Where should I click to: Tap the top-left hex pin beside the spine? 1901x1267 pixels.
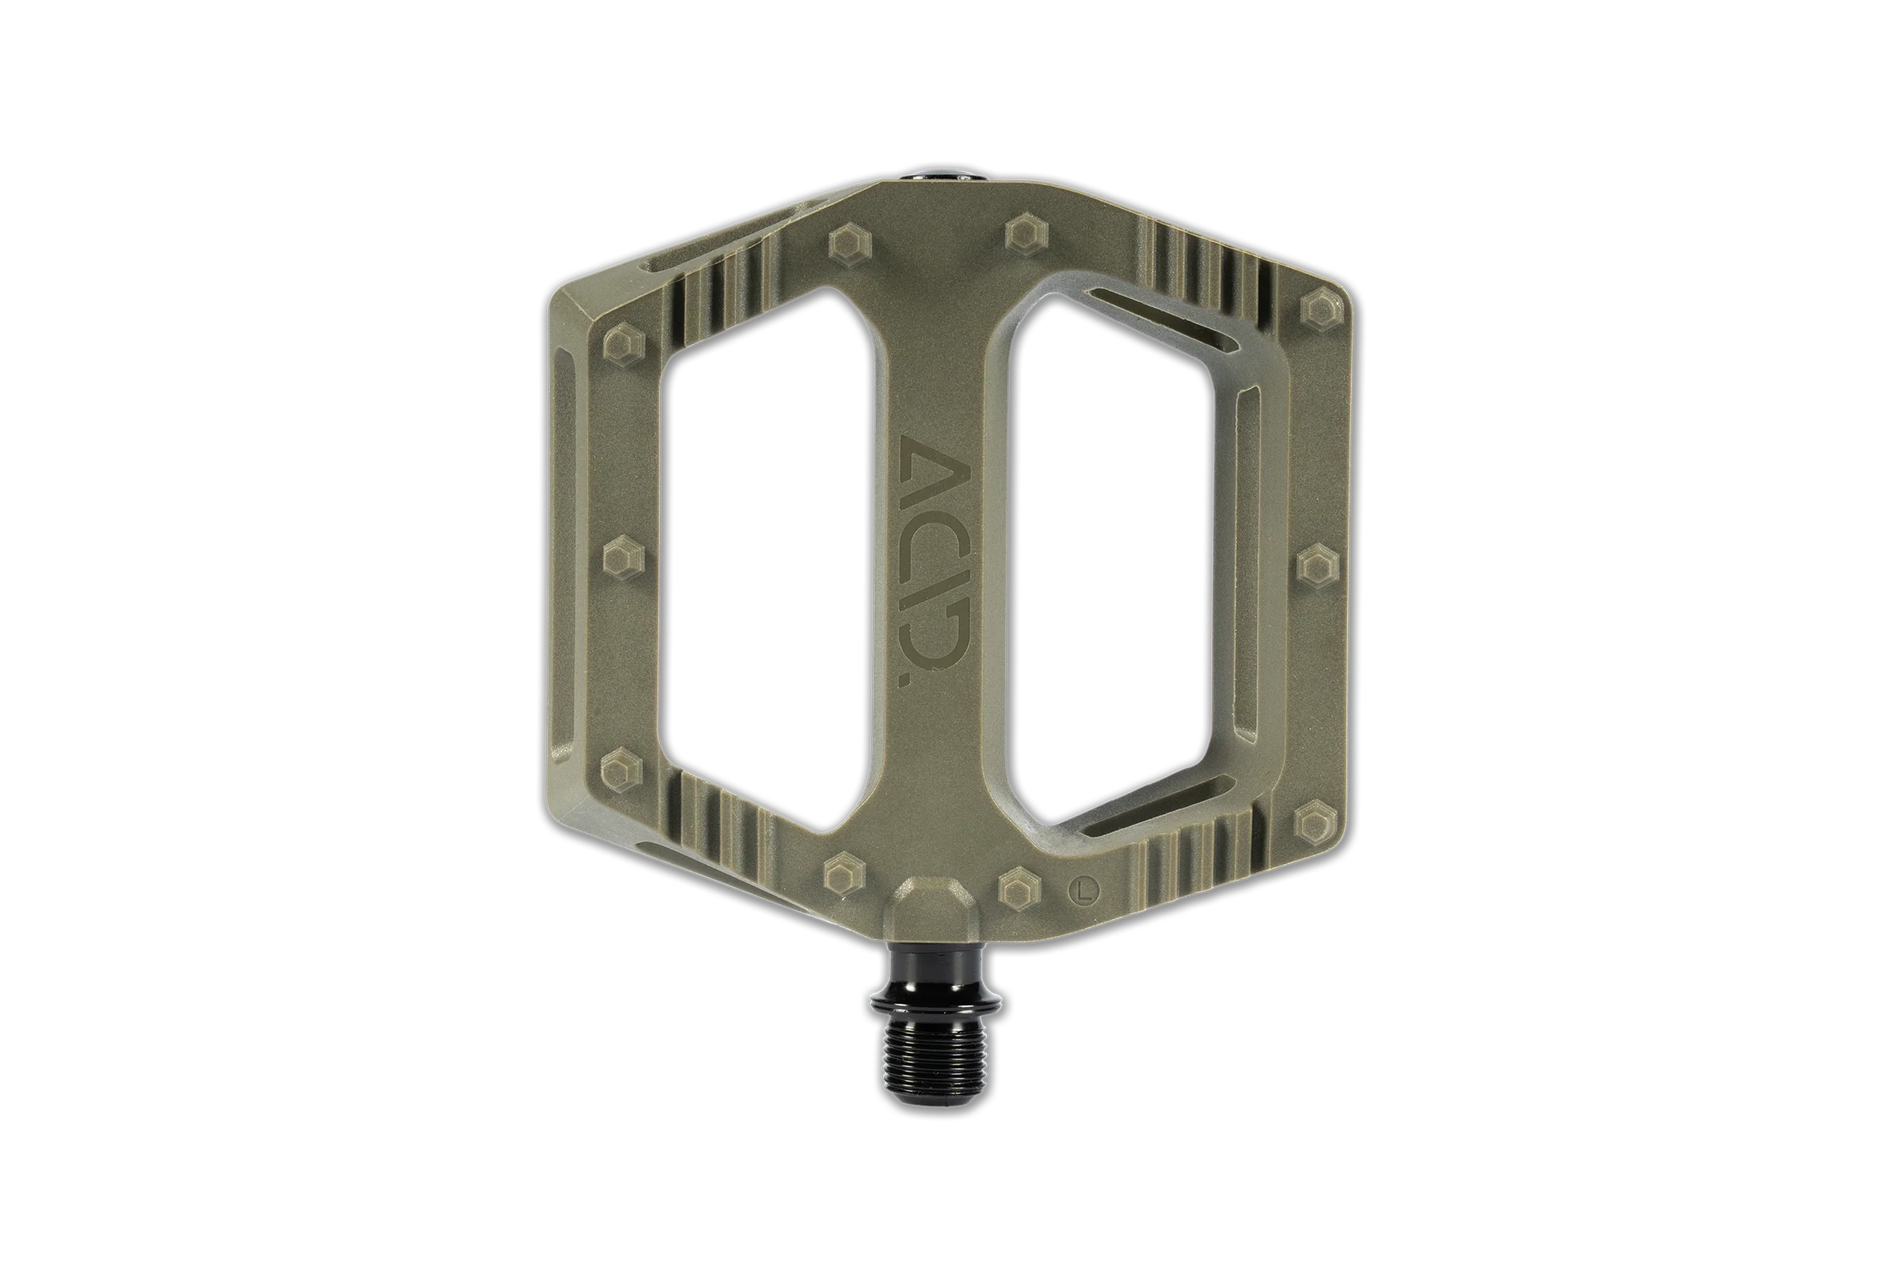[848, 243]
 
